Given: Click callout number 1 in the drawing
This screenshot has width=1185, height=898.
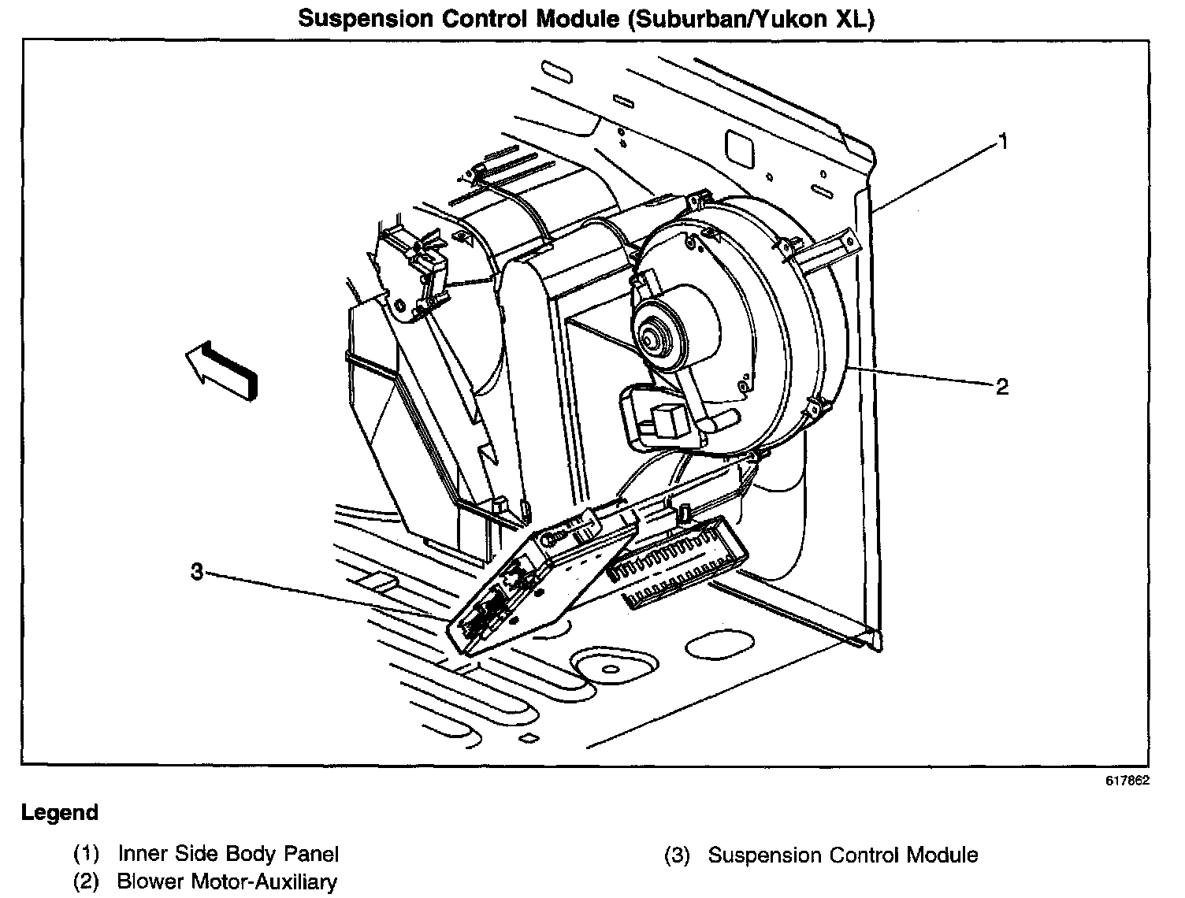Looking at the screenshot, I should pos(1004,142).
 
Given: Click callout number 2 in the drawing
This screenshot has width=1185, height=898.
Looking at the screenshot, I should pos(1001,386).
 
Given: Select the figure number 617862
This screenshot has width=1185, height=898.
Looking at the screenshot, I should pos(1127,781).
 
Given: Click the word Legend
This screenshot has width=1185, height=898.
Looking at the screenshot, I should pos(60,813).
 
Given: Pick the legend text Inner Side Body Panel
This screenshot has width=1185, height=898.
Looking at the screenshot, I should pos(228,853).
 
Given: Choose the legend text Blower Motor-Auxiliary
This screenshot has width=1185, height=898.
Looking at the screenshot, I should pos(227,881).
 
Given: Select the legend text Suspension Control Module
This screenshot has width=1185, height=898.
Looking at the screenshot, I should pos(843,855).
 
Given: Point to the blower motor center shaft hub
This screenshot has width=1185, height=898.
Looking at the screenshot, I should pos(652,337).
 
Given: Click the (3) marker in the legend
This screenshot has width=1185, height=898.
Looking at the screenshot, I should pos(678,855).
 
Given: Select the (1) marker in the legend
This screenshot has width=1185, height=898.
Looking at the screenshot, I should pos(87,853).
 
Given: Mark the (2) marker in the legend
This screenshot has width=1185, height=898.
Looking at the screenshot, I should pos(87,881).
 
